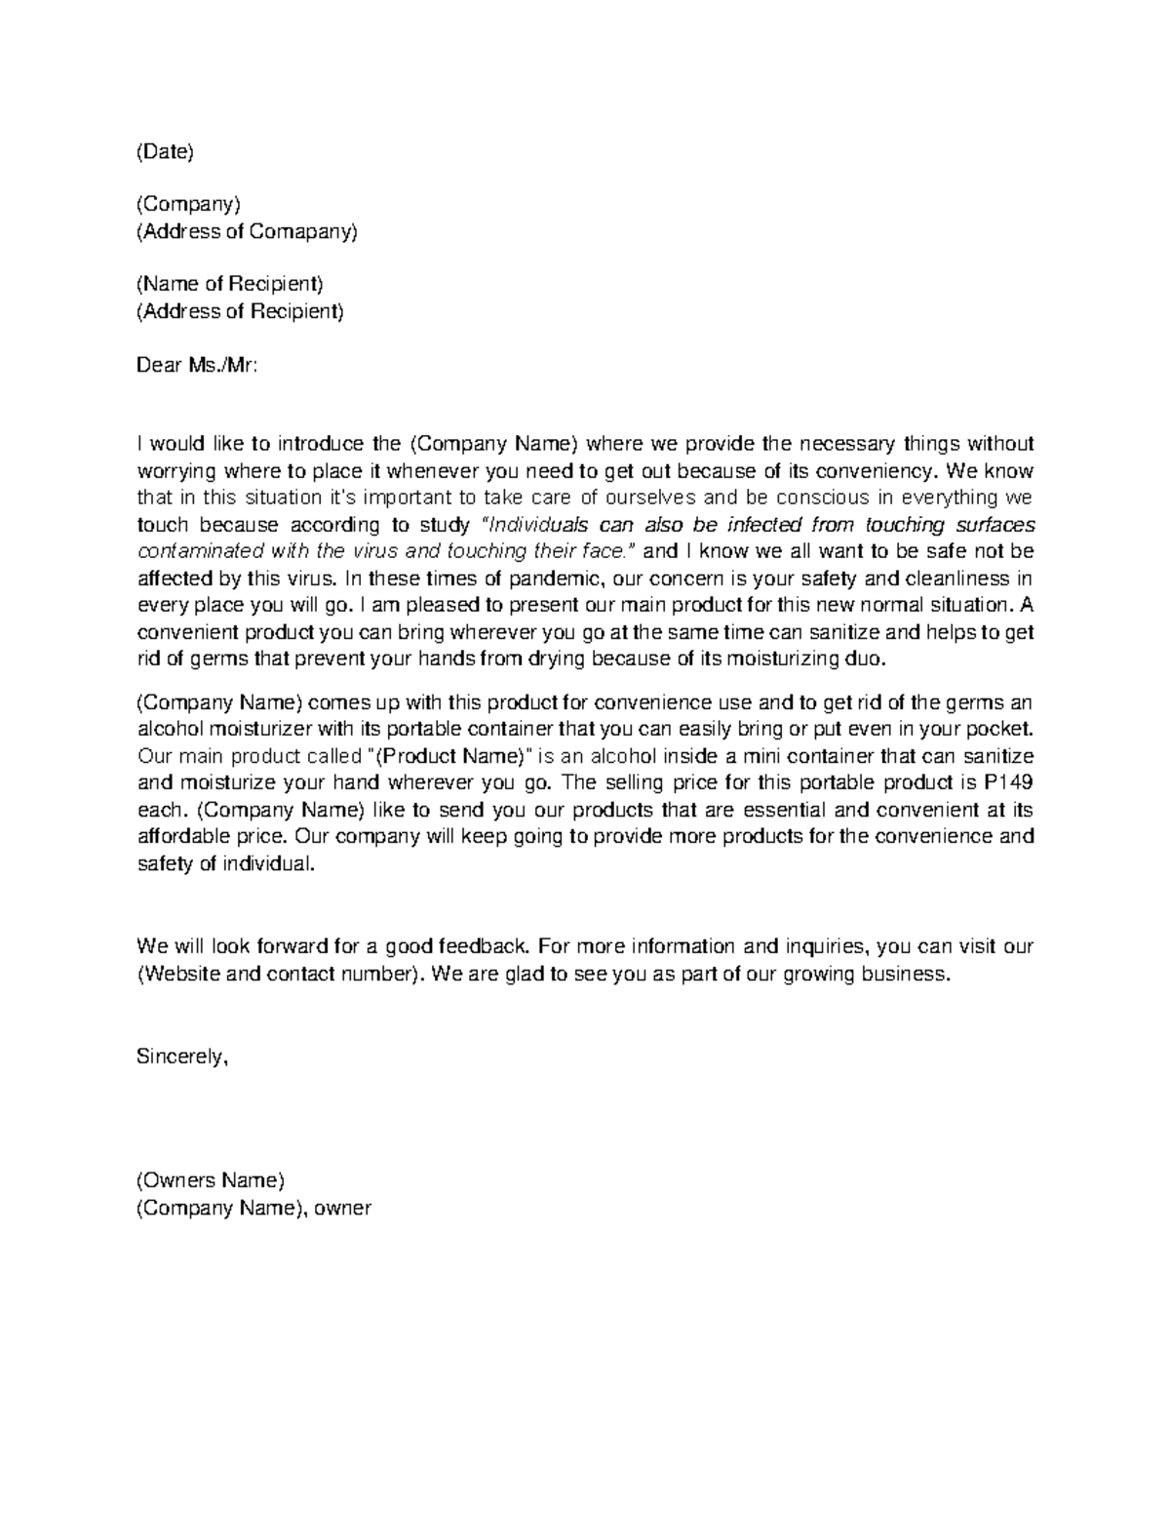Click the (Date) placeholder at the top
165,151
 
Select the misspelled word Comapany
303,231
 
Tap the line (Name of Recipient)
229,284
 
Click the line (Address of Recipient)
240,311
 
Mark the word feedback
484,946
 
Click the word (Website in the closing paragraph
178,974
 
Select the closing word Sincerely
181,1056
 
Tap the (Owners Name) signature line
211,1180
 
